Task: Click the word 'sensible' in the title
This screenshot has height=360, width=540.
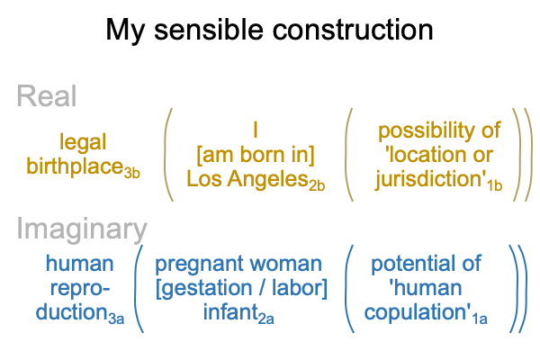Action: point(210,30)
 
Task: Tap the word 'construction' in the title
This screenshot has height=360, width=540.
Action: point(353,30)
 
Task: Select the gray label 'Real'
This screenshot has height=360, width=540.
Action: point(47,96)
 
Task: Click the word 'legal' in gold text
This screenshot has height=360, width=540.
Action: point(83,142)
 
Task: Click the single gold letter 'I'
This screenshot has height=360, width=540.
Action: point(256,130)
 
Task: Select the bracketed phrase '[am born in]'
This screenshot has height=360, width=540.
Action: point(256,155)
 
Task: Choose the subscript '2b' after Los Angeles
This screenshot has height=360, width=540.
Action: point(317,185)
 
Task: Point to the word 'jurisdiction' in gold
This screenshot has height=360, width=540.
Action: point(430,180)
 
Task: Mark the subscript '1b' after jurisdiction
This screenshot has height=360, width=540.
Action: point(494,185)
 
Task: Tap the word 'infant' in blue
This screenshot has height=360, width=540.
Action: point(230,312)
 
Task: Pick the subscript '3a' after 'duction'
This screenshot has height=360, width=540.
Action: point(116,319)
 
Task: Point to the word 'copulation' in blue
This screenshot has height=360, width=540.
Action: point(415,313)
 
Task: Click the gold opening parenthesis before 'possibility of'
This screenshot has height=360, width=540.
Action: point(348,154)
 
